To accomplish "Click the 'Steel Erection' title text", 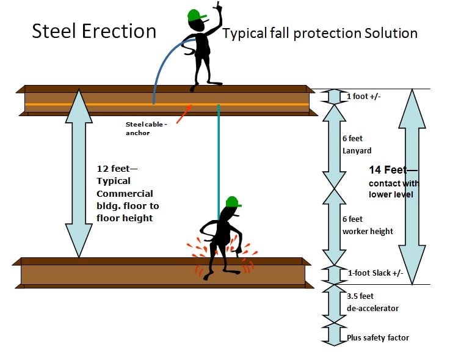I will [x=93, y=31].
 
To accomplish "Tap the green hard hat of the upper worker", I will [x=195, y=15].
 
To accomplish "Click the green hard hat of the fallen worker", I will [x=232, y=202].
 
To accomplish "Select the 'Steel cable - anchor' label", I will [x=147, y=128].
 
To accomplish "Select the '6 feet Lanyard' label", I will [x=357, y=144].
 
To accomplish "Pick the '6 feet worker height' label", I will [x=368, y=225].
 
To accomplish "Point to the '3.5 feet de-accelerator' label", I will [x=372, y=302].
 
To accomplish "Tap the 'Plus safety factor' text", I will [x=378, y=337].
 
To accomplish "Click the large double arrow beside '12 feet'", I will [x=78, y=173].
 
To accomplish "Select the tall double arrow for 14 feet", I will [x=413, y=186].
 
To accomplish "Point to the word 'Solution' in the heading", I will [x=386, y=33].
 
